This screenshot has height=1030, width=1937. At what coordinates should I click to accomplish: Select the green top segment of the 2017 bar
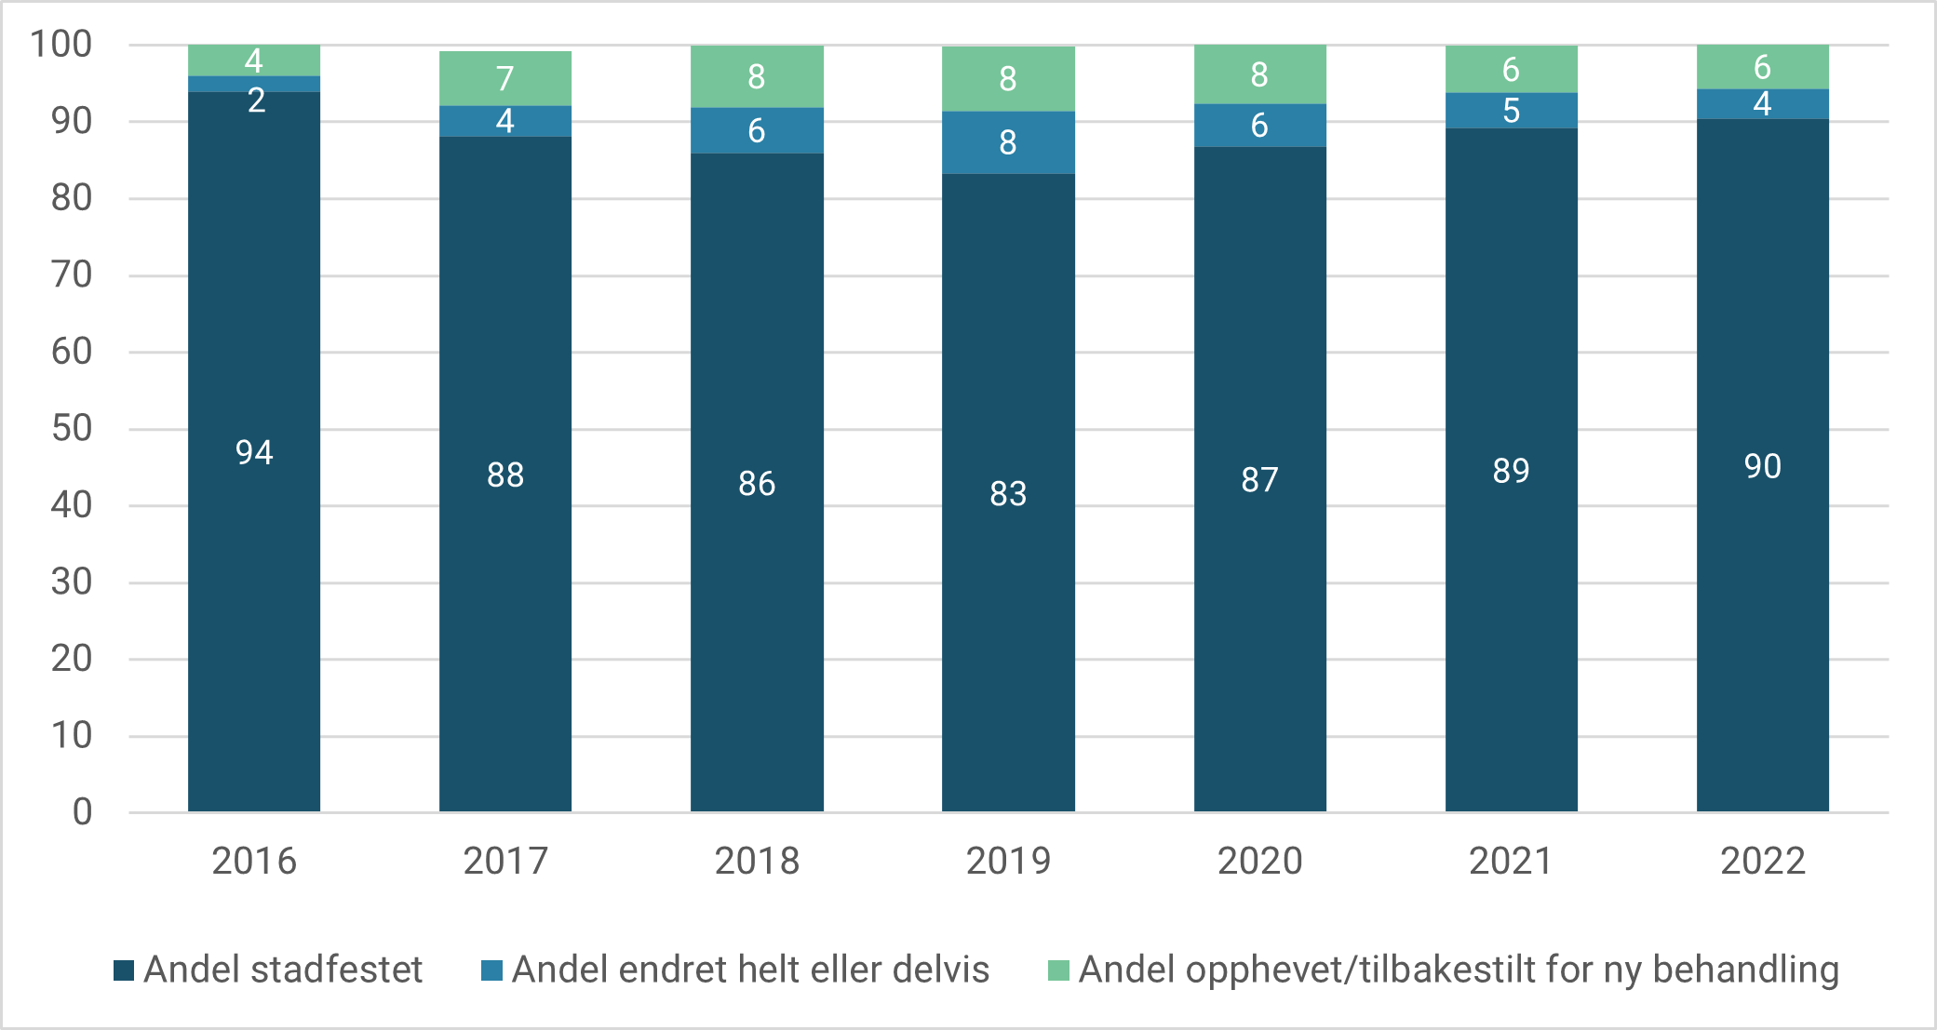tap(505, 78)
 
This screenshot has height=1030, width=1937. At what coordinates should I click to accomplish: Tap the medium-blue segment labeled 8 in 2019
tap(1008, 142)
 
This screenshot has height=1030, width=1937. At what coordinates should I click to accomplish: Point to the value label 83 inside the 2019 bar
tap(1008, 493)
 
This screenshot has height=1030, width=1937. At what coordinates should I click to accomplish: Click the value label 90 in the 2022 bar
tap(1762, 466)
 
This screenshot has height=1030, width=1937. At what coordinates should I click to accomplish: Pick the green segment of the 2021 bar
tap(1511, 69)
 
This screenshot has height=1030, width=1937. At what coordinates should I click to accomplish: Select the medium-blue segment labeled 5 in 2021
tap(1511, 111)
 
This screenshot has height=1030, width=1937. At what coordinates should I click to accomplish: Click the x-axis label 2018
tap(757, 861)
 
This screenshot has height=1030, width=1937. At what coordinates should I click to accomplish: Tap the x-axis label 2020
tap(1259, 861)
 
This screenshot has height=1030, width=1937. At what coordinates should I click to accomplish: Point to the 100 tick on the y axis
tap(61, 44)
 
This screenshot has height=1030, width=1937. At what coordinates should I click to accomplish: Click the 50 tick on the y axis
tap(71, 428)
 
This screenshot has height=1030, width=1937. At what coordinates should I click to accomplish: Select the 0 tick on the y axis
tap(82, 812)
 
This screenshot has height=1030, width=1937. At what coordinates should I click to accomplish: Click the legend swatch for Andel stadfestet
tap(124, 970)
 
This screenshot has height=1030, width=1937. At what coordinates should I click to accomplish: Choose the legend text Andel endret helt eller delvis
tap(750, 970)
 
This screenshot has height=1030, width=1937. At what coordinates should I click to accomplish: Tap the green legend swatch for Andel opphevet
tap(1058, 970)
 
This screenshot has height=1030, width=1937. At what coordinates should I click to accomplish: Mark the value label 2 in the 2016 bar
tap(256, 100)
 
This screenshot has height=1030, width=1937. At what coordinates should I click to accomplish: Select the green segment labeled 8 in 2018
tap(757, 76)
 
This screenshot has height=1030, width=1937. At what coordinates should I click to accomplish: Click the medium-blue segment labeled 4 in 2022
tap(1762, 103)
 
